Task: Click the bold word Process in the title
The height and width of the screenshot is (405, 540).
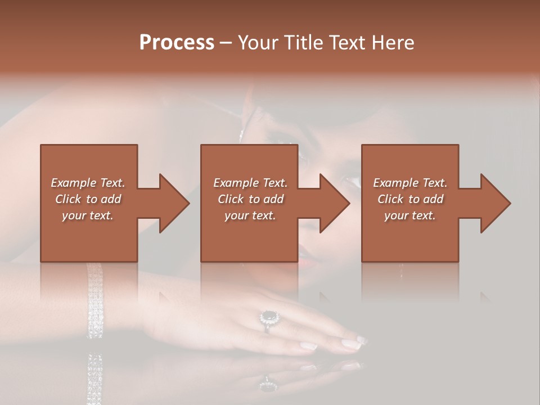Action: [x=177, y=43]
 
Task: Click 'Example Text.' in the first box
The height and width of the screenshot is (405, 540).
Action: [x=88, y=183]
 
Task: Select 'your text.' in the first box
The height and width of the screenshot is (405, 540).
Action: [x=88, y=215]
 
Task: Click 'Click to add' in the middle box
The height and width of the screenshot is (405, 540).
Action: [x=250, y=199]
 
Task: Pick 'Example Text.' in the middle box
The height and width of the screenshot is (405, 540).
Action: [x=250, y=183]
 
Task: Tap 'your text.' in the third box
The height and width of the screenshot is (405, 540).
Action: [x=409, y=215]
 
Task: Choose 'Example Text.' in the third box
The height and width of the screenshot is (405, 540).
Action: [x=410, y=183]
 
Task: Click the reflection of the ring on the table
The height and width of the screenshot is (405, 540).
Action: [x=268, y=385]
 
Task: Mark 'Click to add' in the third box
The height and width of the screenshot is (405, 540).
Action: [x=410, y=199]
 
